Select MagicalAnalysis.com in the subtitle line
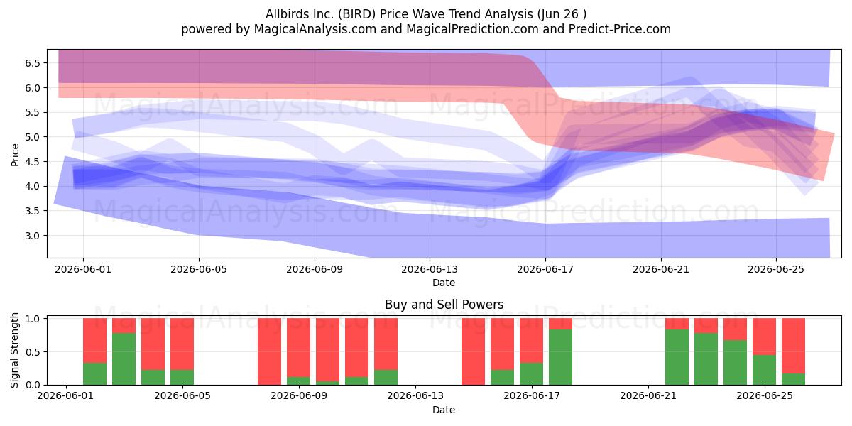click(x=315, y=29)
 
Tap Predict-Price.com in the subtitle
click(x=620, y=29)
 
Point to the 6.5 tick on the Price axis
click(x=33, y=63)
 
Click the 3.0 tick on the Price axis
click(x=33, y=236)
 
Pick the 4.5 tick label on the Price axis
click(x=33, y=162)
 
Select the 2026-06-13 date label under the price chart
click(x=430, y=269)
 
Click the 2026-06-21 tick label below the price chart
click(x=661, y=269)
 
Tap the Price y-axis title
click(x=15, y=155)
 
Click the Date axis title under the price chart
click(x=444, y=283)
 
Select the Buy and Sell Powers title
click(x=444, y=305)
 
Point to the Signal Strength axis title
click(x=14, y=350)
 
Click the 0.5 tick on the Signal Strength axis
click(x=33, y=352)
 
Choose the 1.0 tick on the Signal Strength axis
click(x=33, y=319)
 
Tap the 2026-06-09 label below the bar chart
click(x=299, y=396)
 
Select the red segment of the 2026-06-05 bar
click(x=182, y=344)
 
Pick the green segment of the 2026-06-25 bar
click(x=764, y=370)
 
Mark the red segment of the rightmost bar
click(x=794, y=346)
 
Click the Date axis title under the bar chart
click(x=444, y=410)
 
